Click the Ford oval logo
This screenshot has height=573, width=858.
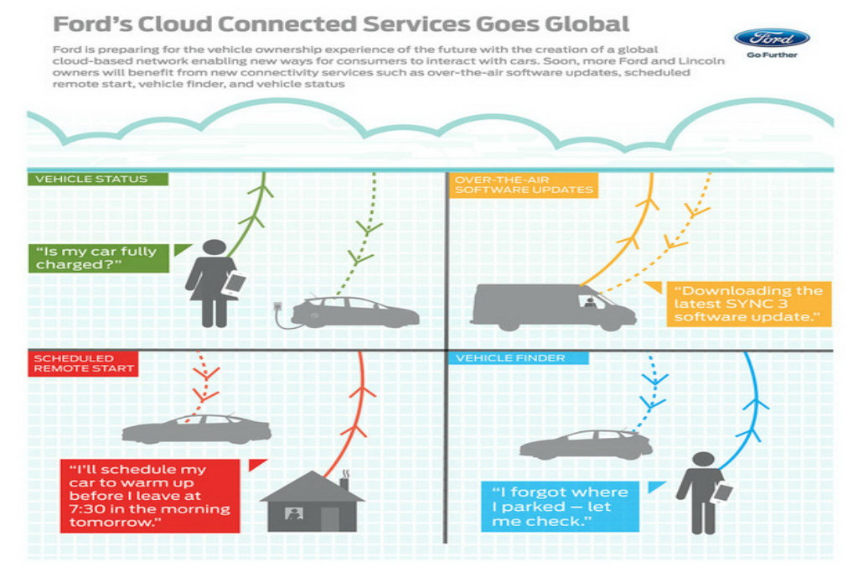771,38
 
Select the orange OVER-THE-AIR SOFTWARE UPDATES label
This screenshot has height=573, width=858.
524,185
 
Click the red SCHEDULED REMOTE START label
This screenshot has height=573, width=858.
82,362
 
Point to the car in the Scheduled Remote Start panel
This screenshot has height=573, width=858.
196,429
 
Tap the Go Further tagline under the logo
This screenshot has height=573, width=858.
771,56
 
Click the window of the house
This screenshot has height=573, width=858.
294,513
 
